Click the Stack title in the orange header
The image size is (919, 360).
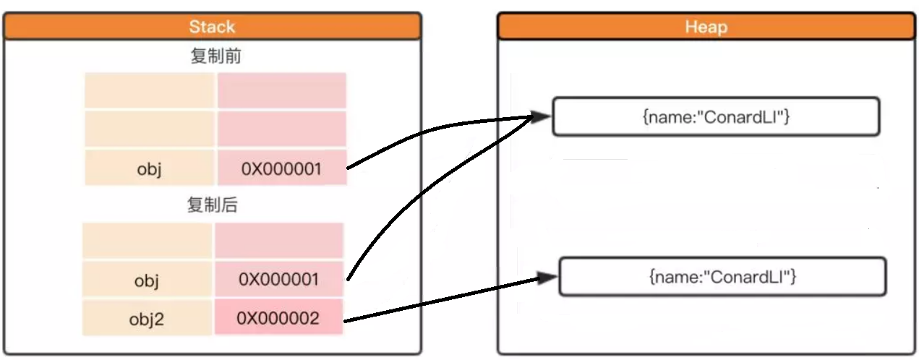pyautogui.click(x=212, y=27)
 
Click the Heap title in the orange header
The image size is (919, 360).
pyautogui.click(x=706, y=27)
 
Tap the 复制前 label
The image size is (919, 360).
pyautogui.click(x=215, y=58)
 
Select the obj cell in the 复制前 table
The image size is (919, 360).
pyautogui.click(x=150, y=169)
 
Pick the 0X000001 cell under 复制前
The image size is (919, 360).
pyautogui.click(x=281, y=169)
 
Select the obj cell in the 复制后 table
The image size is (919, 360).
pyautogui.click(x=148, y=280)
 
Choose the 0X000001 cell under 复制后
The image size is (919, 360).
pyautogui.click(x=278, y=280)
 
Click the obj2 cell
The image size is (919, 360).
pyautogui.click(x=148, y=318)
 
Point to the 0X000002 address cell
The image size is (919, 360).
pyautogui.click(x=278, y=318)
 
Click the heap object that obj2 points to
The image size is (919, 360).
pyautogui.click(x=722, y=276)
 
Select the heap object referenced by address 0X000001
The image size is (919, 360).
pyautogui.click(x=716, y=117)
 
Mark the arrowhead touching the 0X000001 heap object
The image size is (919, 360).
pyautogui.click(x=539, y=117)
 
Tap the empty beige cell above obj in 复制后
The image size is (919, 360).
pyautogui.click(x=148, y=241)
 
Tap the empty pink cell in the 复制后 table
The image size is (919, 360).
pyautogui.click(x=278, y=241)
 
